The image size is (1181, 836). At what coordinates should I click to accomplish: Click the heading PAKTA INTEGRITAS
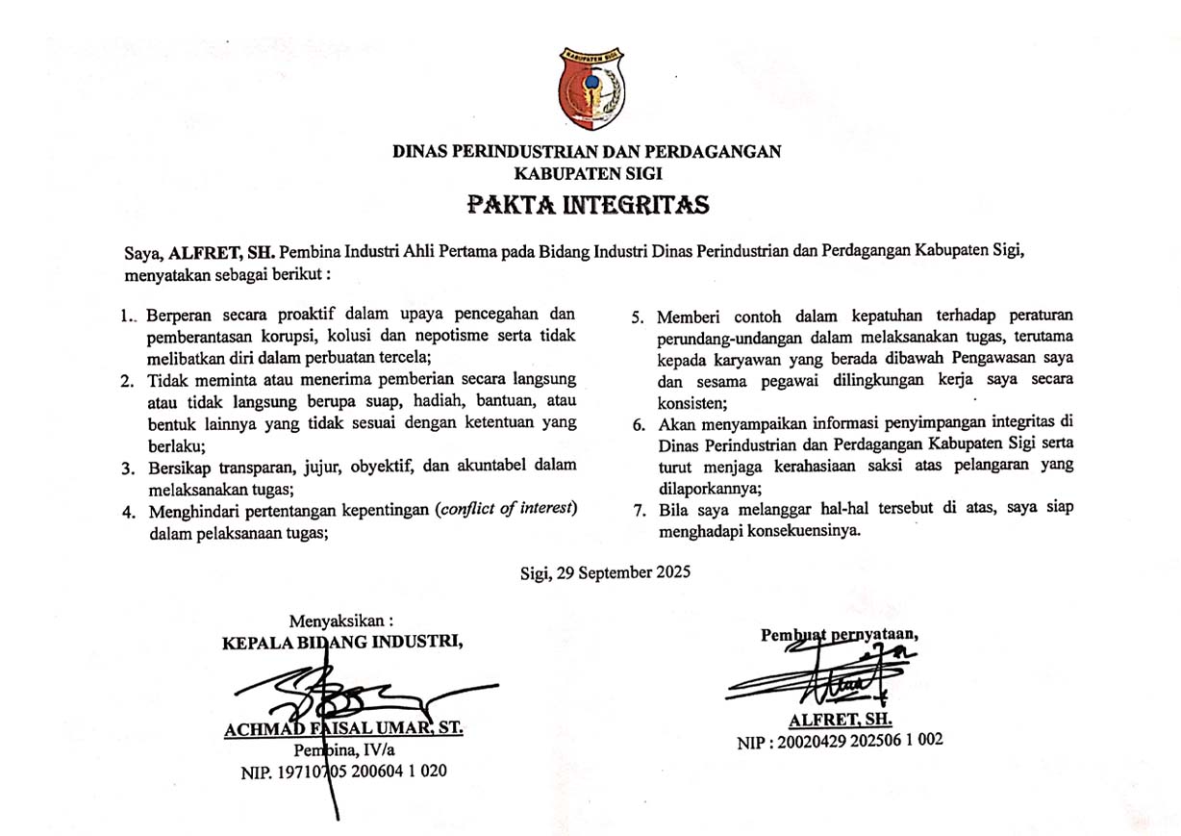[589, 204]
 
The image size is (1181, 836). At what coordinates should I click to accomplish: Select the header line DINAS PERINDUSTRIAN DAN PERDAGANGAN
[588, 151]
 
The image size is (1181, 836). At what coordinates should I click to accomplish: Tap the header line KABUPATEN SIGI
[588, 174]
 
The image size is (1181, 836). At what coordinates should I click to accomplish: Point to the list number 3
[127, 467]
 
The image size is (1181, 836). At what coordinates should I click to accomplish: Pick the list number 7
[638, 509]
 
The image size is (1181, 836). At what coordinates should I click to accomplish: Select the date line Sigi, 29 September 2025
[604, 570]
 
